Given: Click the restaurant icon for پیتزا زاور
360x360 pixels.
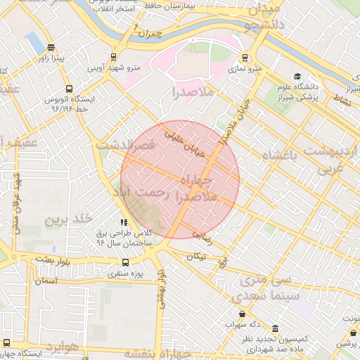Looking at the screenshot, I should pyautogui.click(x=51, y=48).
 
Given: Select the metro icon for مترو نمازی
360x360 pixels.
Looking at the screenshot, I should pyautogui.click(x=245, y=58).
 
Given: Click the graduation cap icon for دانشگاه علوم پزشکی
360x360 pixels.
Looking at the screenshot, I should pyautogui.click(x=297, y=77).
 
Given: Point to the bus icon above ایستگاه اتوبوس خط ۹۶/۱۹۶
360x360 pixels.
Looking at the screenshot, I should pyautogui.click(x=68, y=89).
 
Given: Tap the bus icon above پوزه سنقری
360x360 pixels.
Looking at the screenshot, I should pyautogui.click(x=124, y=263).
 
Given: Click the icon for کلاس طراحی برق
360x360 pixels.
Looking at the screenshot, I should pyautogui.click(x=124, y=222).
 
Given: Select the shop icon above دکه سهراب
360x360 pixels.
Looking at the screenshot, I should pyautogui.click(x=243, y=314).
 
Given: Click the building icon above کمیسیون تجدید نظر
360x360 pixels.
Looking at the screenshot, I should pyautogui.click(x=274, y=328).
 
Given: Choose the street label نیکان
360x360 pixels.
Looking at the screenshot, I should pyautogui.click(x=196, y=257).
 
